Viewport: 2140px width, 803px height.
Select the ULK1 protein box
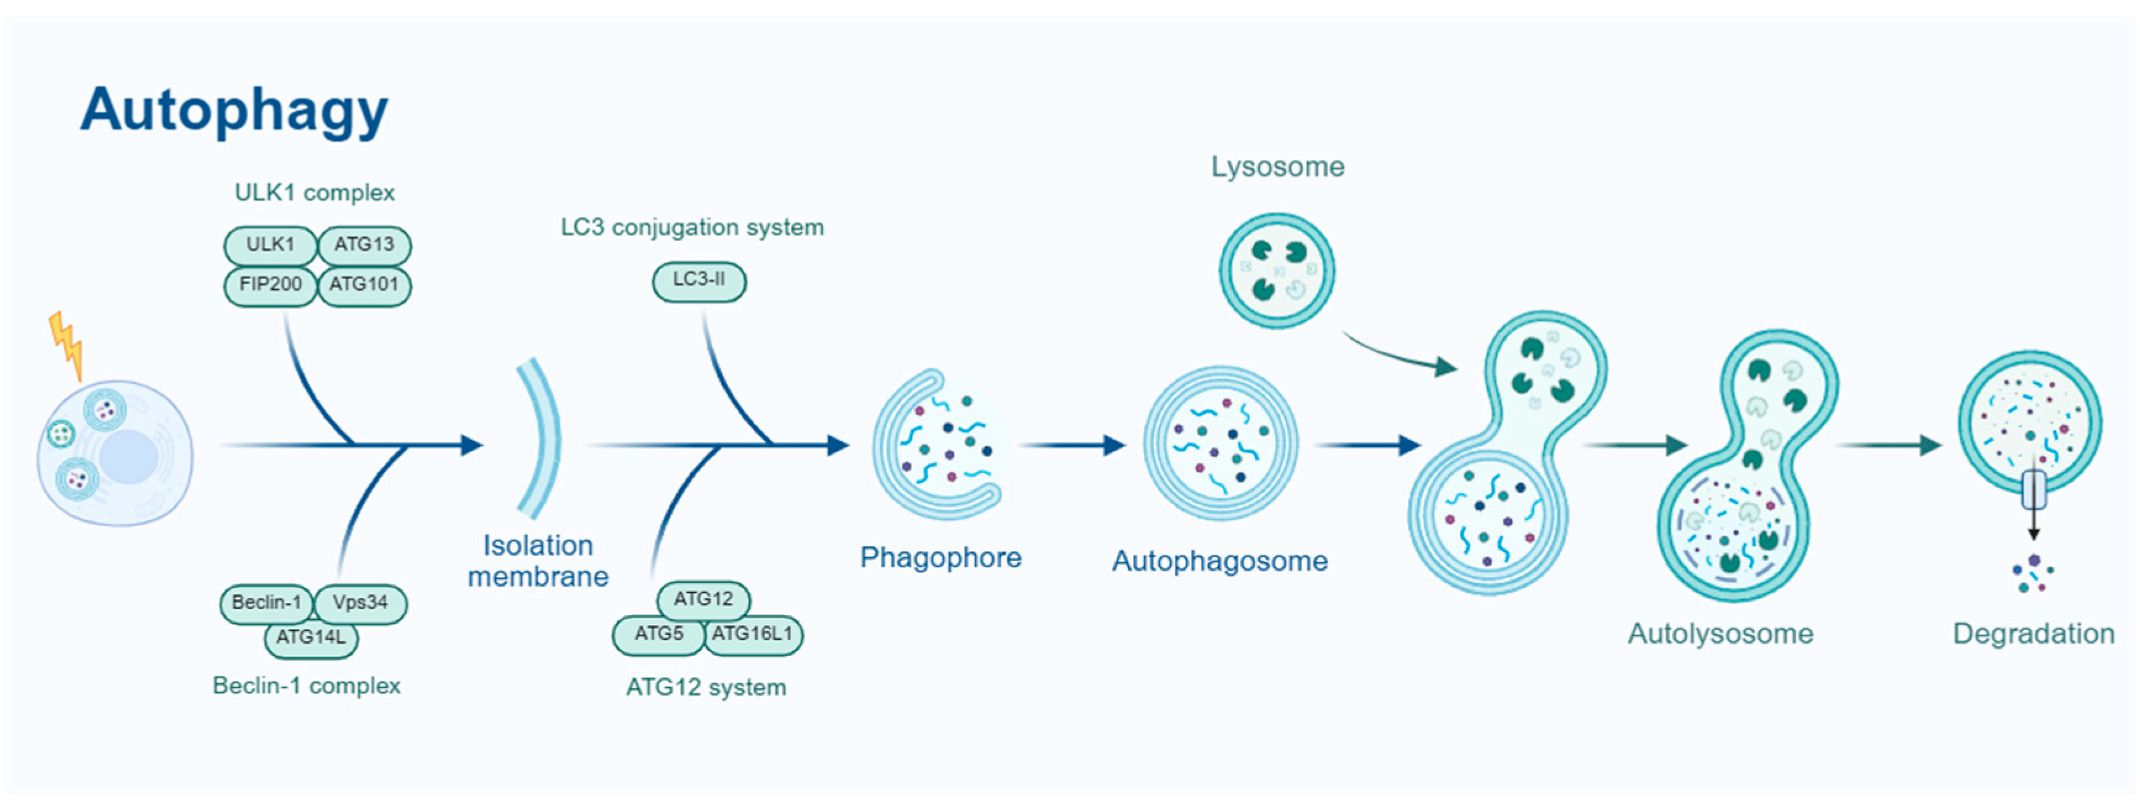click(x=270, y=245)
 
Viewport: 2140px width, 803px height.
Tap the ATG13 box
click(x=364, y=245)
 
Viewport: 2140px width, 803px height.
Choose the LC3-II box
click(x=699, y=281)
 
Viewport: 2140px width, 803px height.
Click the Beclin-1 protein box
click(x=266, y=603)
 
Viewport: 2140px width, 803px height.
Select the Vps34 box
click(x=360, y=603)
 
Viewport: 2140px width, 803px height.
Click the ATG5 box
click(x=659, y=634)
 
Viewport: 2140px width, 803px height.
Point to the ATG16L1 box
click(x=753, y=634)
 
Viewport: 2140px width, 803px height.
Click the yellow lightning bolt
click(x=67, y=343)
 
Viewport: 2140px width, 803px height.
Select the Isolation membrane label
click(x=537, y=561)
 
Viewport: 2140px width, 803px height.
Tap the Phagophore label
click(x=940, y=558)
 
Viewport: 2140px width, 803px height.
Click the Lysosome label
click(x=1277, y=167)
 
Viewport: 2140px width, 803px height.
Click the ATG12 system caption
click(x=705, y=687)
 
